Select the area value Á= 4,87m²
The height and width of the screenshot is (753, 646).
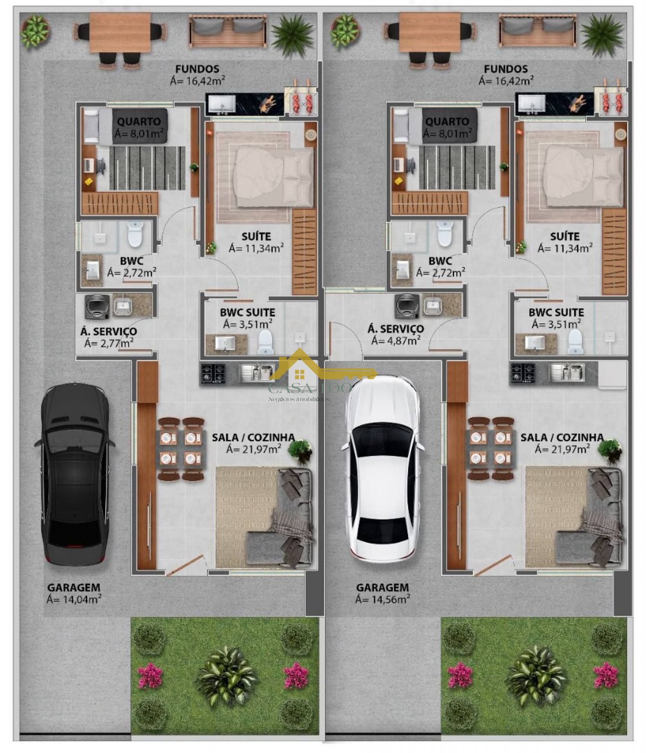click(x=396, y=340)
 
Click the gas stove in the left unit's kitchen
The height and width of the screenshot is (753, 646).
click(x=213, y=373)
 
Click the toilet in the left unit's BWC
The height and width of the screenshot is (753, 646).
click(x=135, y=234)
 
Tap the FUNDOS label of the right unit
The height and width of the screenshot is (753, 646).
click(x=505, y=69)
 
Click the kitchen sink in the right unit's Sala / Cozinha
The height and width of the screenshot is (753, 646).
click(x=567, y=372)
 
